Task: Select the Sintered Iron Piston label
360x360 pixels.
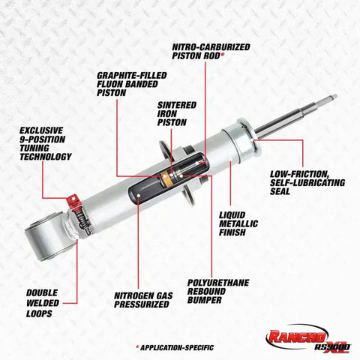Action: coord(172,113)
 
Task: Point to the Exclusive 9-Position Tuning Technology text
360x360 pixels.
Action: coord(47,142)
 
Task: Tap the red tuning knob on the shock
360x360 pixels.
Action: coord(73,201)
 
